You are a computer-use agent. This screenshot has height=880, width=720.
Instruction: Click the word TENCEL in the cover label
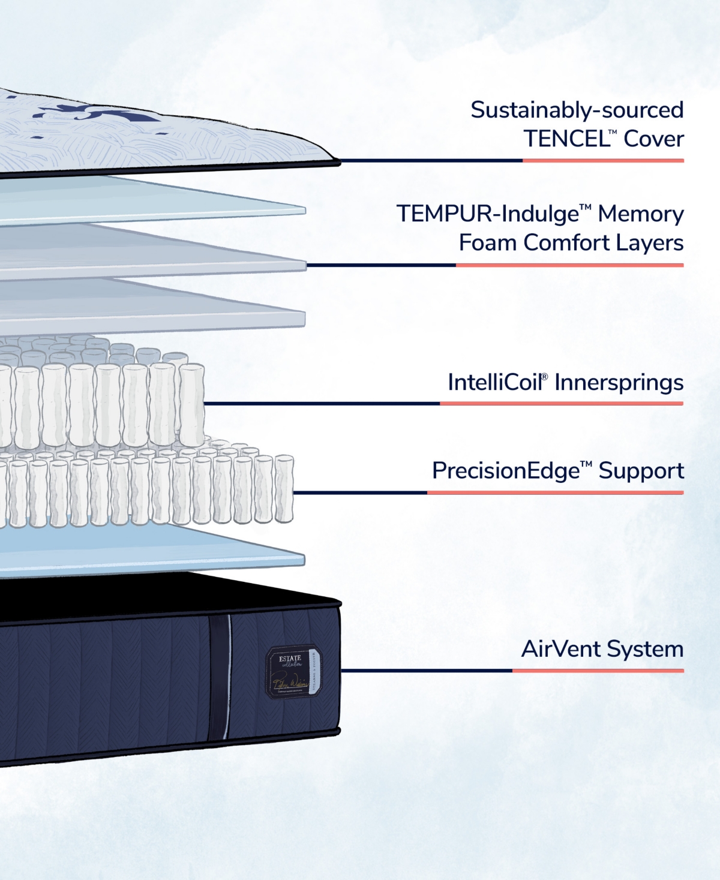(566, 139)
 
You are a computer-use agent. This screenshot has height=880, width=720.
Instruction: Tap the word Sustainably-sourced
(577, 110)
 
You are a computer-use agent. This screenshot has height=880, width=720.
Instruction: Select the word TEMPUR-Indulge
(489, 214)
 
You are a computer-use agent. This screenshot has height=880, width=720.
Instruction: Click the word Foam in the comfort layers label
(488, 243)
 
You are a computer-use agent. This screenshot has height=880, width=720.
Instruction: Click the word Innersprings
(619, 383)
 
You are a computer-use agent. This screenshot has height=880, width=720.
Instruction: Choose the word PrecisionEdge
(506, 471)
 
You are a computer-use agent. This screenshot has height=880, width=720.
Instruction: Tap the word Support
(641, 471)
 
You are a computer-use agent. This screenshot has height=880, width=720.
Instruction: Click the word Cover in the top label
(653, 139)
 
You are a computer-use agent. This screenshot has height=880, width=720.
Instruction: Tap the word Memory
(640, 214)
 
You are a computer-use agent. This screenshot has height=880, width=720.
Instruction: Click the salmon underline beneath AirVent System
(598, 671)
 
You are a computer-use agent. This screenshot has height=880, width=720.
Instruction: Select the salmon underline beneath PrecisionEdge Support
(555, 492)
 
